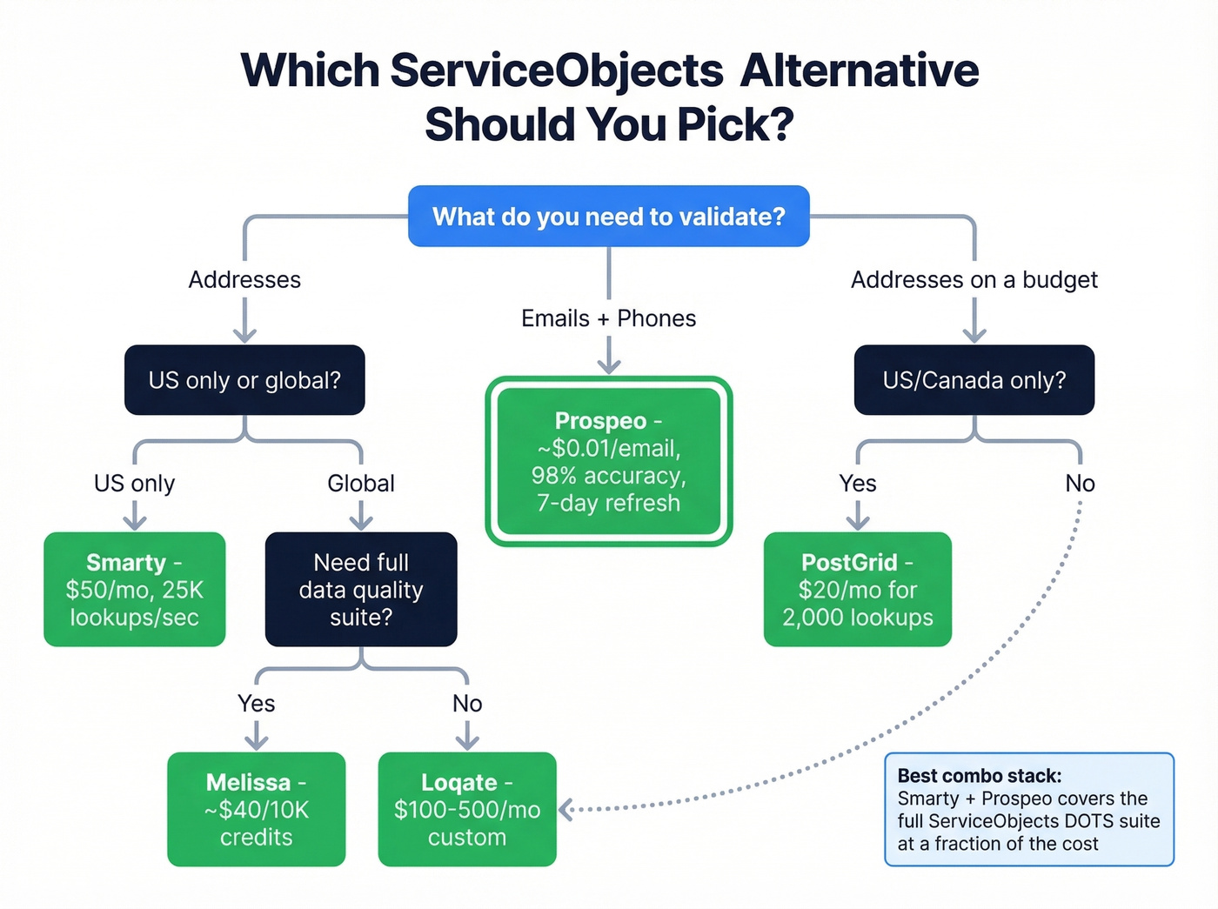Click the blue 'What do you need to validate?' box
click(x=609, y=216)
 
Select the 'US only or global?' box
click(x=244, y=380)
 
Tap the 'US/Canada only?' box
click(x=974, y=380)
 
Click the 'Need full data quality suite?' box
click(x=361, y=590)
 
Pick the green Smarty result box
click(x=135, y=590)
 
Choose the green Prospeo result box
click(x=609, y=461)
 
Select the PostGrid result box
click(x=857, y=590)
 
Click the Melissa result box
click(x=257, y=809)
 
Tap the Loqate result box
click(x=467, y=809)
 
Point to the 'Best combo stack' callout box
click(x=1029, y=809)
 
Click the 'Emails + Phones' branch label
click(x=609, y=318)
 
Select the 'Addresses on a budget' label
click(x=974, y=279)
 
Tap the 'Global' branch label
click(x=361, y=483)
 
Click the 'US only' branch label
click(x=135, y=483)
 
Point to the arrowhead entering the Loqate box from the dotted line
click(x=565, y=809)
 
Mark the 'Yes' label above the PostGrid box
click(x=858, y=483)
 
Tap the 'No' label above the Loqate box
click(x=467, y=703)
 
